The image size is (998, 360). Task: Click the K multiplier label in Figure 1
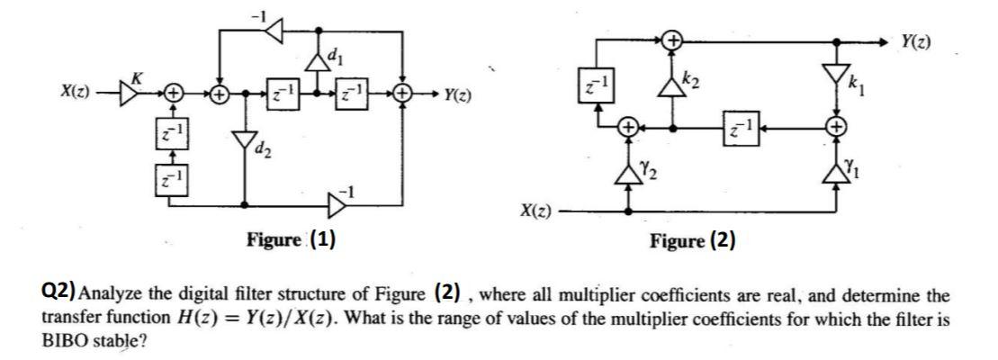(x=137, y=79)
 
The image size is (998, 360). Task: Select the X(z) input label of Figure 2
(x=537, y=212)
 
